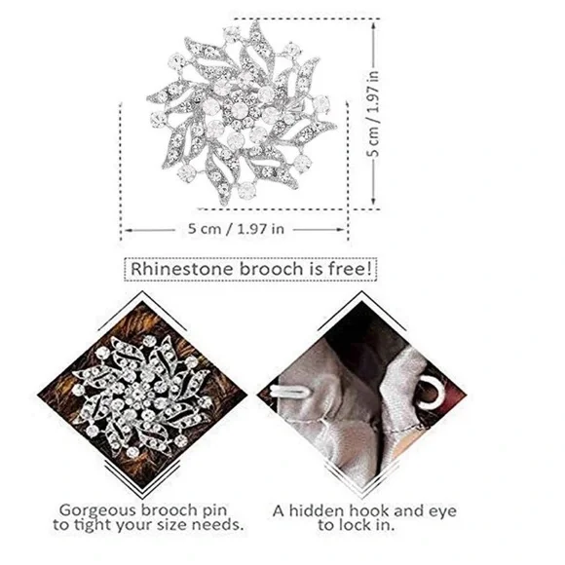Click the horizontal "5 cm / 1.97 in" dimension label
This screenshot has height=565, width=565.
pos(236,229)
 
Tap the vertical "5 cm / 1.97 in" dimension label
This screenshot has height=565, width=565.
pos(373,114)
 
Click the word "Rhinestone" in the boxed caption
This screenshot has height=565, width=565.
pos(182,269)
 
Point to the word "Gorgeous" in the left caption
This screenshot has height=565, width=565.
pos(97,511)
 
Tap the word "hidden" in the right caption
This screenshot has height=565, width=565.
pos(315,511)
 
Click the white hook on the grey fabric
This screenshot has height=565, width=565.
pos(288,391)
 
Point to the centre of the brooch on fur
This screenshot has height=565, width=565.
pos(138,393)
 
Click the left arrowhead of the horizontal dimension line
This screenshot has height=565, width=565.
pos(128,230)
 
